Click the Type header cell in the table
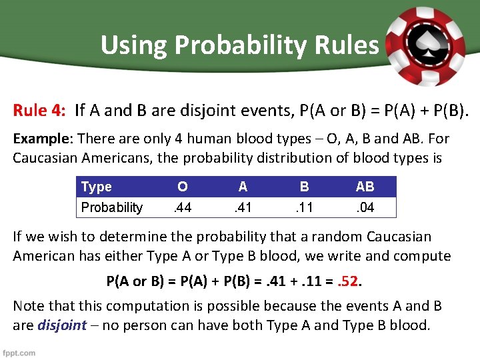click(x=96, y=187)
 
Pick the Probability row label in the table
click(x=111, y=207)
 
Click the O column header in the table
click(x=182, y=187)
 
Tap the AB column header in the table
click(x=365, y=187)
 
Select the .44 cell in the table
click(x=182, y=207)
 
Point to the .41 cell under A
click(x=243, y=207)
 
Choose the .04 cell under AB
click(x=365, y=207)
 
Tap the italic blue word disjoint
click(x=62, y=325)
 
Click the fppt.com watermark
click(x=19, y=353)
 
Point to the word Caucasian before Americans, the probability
click(x=45, y=158)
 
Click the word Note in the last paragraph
click(x=28, y=306)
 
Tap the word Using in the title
click(x=129, y=45)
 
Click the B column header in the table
click(x=304, y=187)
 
